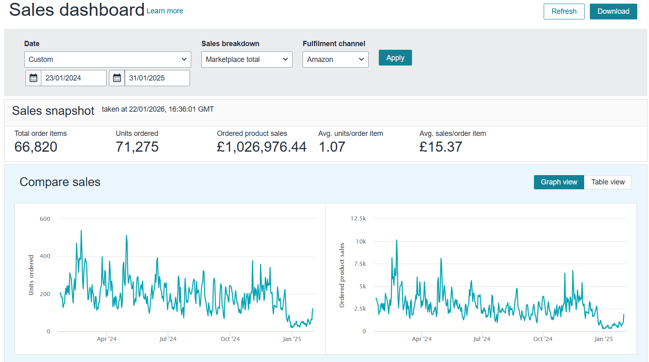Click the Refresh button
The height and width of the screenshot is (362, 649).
tap(564, 11)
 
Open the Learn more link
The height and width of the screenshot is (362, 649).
tap(164, 11)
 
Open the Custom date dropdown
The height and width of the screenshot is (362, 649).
tap(107, 59)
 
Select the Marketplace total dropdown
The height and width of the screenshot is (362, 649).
tap(246, 59)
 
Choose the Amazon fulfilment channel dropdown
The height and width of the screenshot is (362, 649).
tap(335, 59)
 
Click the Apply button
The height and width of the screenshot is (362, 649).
tap(395, 58)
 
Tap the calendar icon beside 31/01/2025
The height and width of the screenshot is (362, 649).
tap(117, 78)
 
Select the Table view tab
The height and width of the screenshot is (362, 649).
tap(607, 182)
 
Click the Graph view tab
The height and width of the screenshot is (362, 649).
tap(559, 182)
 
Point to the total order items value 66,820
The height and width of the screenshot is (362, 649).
tap(36, 147)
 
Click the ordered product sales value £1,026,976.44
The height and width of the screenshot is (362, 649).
tap(261, 147)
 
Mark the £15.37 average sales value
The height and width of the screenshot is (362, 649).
tap(440, 147)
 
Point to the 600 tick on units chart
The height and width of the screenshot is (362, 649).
tap(45, 219)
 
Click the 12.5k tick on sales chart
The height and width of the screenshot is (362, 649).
tap(358, 218)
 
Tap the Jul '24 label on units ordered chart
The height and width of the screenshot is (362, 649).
tap(168, 339)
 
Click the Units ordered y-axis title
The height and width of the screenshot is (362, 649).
tap(31, 275)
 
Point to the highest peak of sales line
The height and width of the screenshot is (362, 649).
tap(397, 240)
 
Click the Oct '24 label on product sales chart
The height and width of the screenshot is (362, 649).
tap(542, 339)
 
